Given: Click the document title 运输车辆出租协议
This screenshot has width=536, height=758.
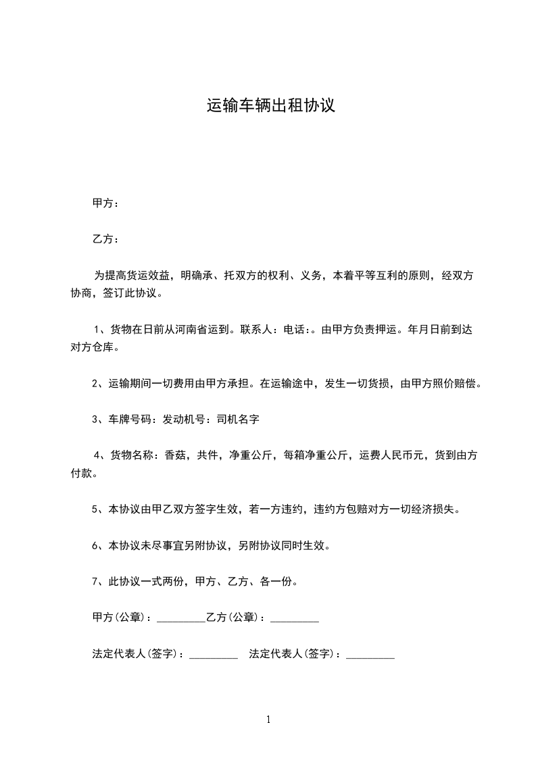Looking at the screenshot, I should [270, 106].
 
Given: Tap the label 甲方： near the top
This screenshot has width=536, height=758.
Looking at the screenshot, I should [105, 203].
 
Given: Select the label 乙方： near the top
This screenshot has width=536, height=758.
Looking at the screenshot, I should [105, 239].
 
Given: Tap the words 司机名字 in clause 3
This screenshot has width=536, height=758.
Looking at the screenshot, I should [238, 420].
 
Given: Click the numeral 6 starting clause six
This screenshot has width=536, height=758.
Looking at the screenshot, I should [95, 545].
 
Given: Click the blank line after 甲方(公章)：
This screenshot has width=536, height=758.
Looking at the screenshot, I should [180, 619].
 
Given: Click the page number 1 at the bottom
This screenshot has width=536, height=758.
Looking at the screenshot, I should [268, 719].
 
